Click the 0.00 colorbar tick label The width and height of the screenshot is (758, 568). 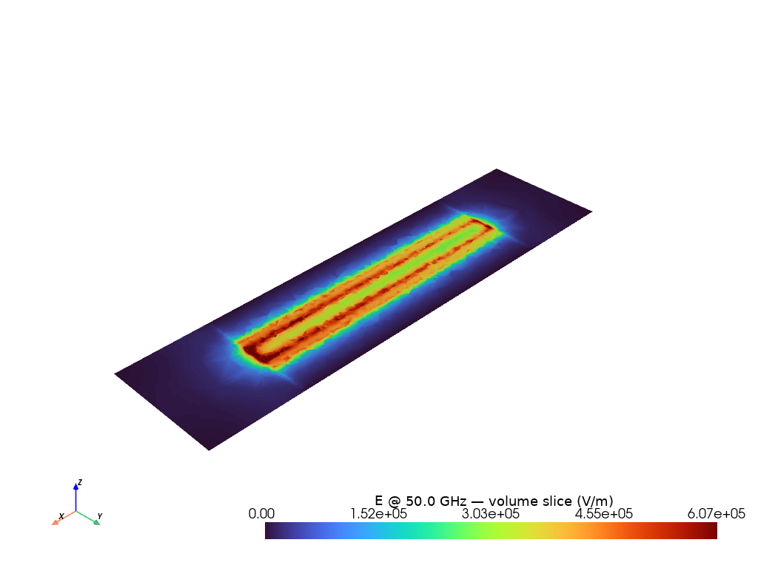point(261,513)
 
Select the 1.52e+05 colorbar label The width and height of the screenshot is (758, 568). point(378,513)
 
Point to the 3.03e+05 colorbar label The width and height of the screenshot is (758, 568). point(491,513)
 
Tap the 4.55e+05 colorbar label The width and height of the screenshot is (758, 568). point(604,513)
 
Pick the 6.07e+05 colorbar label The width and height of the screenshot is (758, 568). point(717,513)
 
